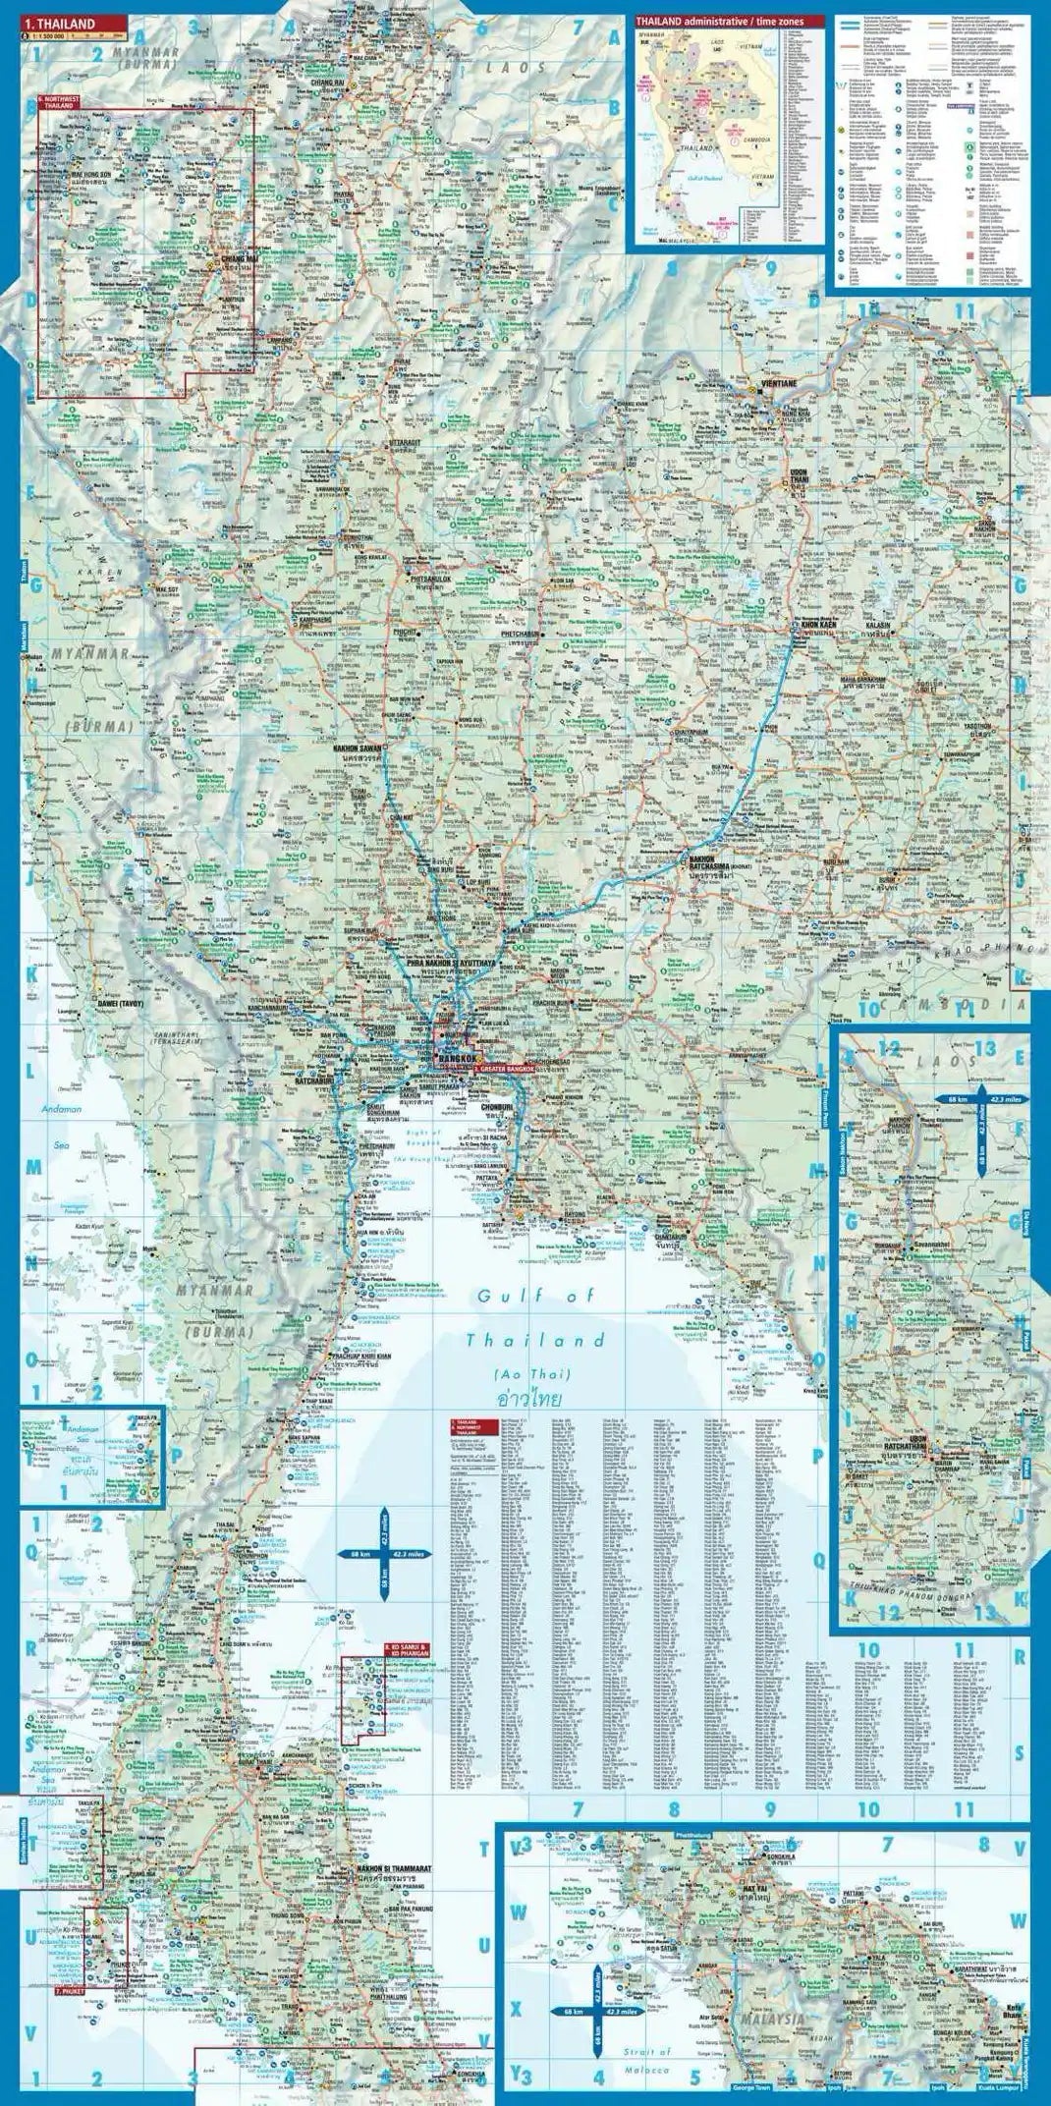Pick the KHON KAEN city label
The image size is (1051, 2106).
point(823,624)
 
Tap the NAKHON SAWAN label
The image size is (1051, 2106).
point(360,748)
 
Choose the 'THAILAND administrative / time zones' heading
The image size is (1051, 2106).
point(704,21)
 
